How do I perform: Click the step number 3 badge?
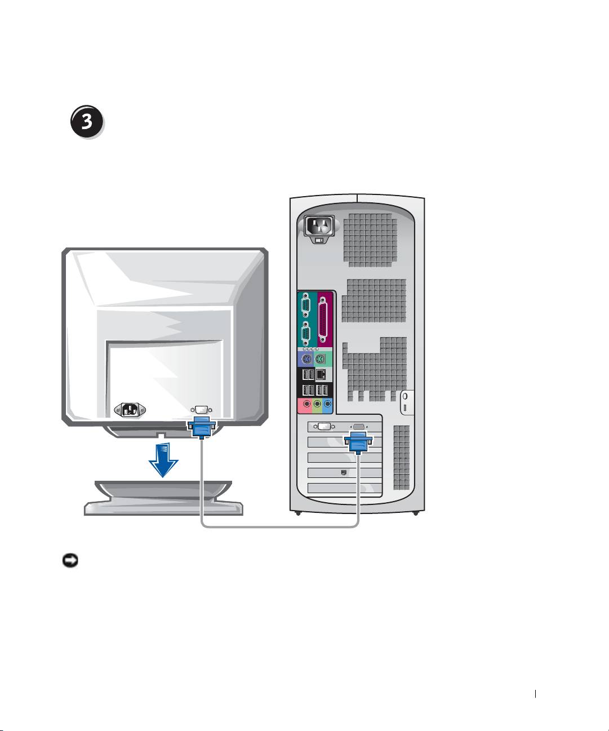coord(87,122)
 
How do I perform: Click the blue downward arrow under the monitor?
coord(163,459)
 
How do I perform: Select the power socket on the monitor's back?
coord(130,410)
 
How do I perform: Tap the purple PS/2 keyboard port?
coord(305,360)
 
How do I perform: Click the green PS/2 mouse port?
coord(321,360)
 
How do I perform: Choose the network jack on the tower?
coord(322,374)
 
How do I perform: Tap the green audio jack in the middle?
coord(317,404)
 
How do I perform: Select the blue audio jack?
coord(328,404)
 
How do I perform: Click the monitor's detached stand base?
coord(163,499)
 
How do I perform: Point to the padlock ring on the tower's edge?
coord(406,396)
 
